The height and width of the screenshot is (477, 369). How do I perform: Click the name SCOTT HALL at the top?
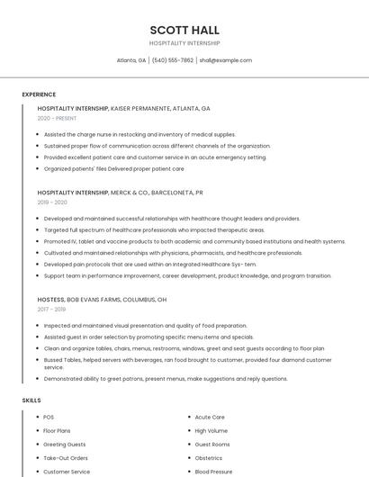[184, 30]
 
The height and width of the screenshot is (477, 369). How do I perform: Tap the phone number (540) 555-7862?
[172, 60]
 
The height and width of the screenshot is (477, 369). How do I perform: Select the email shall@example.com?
[225, 60]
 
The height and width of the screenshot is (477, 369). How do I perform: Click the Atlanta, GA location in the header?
[131, 60]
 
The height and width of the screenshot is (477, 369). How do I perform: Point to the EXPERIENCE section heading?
[39, 94]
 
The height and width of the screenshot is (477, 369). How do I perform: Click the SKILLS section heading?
[31, 400]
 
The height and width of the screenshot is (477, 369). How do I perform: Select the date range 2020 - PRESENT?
[57, 118]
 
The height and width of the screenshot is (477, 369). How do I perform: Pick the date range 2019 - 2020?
[52, 202]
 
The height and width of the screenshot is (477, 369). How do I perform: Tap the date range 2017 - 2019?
[52, 309]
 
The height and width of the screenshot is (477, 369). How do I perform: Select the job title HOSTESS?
[50, 299]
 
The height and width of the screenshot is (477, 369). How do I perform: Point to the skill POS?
[49, 418]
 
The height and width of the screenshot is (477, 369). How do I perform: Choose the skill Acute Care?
[210, 418]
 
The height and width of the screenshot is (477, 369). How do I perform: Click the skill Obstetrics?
[209, 458]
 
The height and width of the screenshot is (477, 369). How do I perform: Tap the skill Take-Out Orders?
[66, 458]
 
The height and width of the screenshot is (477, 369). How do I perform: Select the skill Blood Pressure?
[213, 472]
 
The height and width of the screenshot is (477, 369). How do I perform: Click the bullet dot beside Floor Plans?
[37, 431]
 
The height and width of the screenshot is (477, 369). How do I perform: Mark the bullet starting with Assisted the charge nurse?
[139, 134]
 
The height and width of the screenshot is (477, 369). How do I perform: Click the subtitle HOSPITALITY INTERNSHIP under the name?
[184, 43]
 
